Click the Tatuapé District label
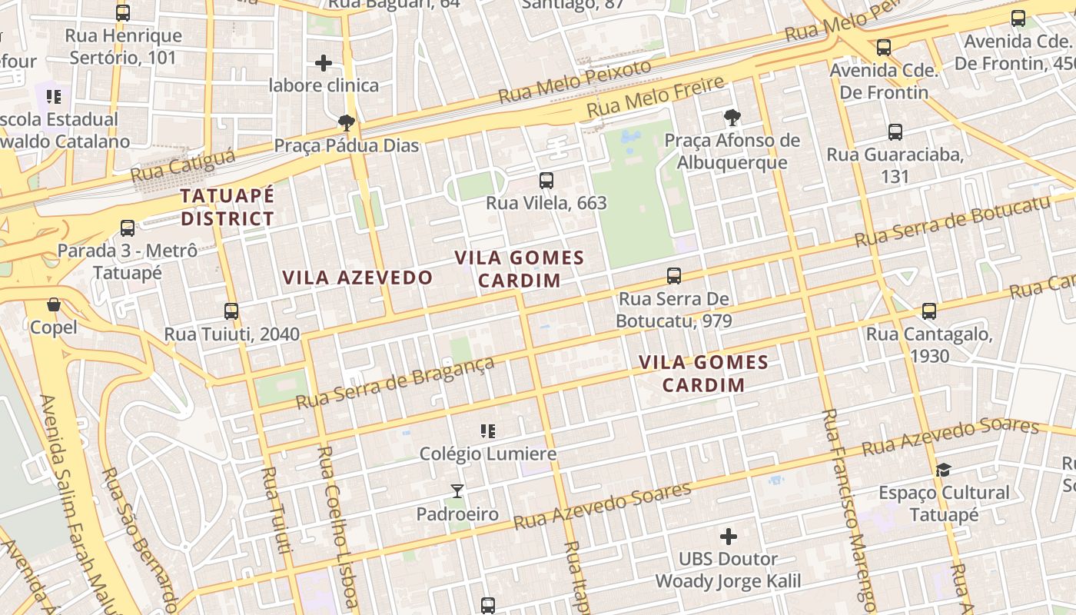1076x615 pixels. (x=227, y=207)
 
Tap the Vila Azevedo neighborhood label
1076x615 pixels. (x=357, y=278)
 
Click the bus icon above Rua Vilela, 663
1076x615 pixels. (x=546, y=181)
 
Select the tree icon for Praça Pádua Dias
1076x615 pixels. (x=347, y=122)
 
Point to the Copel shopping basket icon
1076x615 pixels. (x=54, y=305)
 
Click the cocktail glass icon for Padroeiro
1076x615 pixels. (x=457, y=490)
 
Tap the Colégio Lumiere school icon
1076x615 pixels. (x=487, y=430)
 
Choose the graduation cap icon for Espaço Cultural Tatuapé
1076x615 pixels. (x=943, y=469)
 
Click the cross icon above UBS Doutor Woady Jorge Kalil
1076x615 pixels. (x=728, y=536)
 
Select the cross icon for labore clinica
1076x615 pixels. (x=324, y=62)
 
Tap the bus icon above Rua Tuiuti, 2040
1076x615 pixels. (x=231, y=311)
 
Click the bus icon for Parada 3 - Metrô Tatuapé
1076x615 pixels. (x=128, y=228)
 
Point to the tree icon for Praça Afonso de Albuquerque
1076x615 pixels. (x=732, y=118)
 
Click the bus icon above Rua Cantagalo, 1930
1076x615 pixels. (x=929, y=311)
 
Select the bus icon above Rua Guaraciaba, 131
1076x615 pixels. (x=895, y=131)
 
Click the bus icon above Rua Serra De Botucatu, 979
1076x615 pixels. (x=674, y=275)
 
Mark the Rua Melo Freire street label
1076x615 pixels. (x=656, y=97)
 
